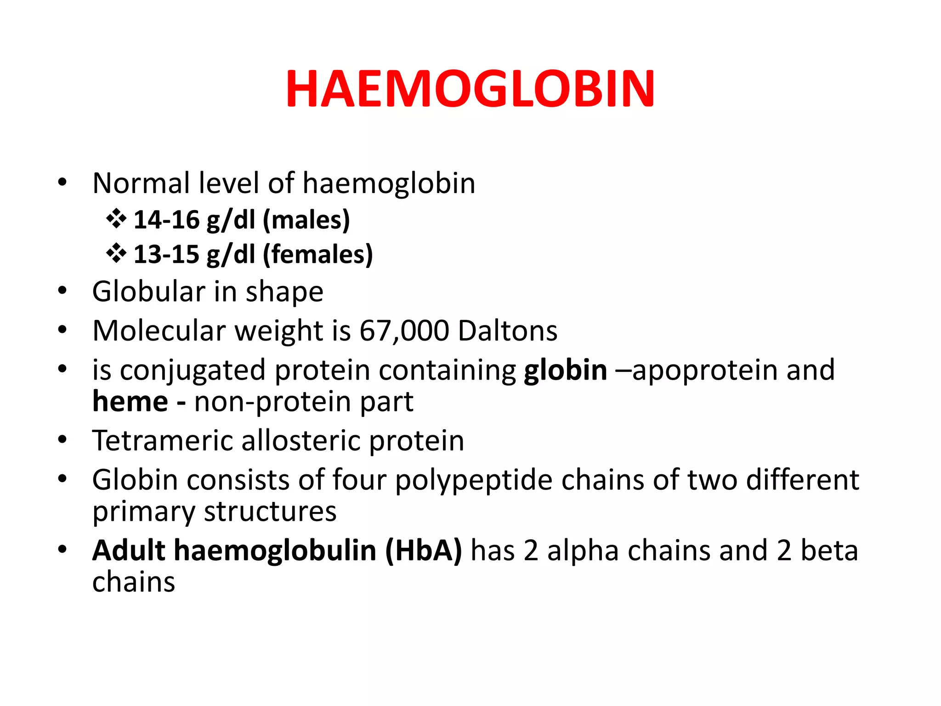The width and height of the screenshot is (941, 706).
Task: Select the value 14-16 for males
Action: [x=166, y=220]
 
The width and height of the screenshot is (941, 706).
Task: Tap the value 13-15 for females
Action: [x=166, y=254]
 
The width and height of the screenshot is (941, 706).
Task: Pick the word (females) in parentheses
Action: [x=317, y=254]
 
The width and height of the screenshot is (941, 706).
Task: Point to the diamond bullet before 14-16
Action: [x=116, y=219]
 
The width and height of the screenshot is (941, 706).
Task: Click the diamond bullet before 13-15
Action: [x=116, y=253]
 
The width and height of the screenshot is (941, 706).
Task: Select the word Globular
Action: [x=148, y=291]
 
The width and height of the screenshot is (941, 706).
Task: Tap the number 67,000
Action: [x=404, y=330]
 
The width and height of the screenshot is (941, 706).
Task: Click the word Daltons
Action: [x=508, y=330]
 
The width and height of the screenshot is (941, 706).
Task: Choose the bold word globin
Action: [x=566, y=370]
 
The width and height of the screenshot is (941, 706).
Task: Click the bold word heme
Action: [x=130, y=402]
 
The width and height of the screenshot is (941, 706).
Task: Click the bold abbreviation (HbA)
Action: [x=423, y=550]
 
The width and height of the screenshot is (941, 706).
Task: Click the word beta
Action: [x=829, y=550]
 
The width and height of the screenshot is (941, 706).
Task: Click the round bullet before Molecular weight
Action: [x=62, y=330]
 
